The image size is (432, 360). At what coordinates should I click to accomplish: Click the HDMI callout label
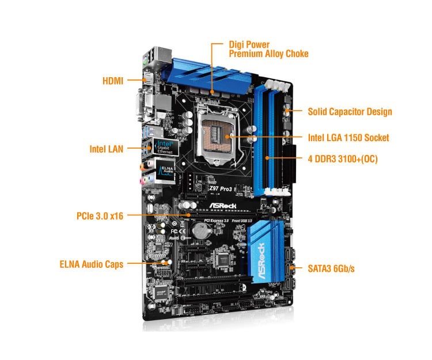[x=113, y=81]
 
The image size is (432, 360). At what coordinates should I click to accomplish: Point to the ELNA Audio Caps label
[x=91, y=265]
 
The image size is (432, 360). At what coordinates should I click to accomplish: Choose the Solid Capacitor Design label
[x=350, y=112]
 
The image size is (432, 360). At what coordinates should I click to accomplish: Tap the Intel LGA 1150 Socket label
[x=348, y=138]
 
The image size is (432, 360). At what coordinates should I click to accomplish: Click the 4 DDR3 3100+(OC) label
[x=343, y=158]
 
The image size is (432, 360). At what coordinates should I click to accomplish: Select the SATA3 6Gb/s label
[x=331, y=268]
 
